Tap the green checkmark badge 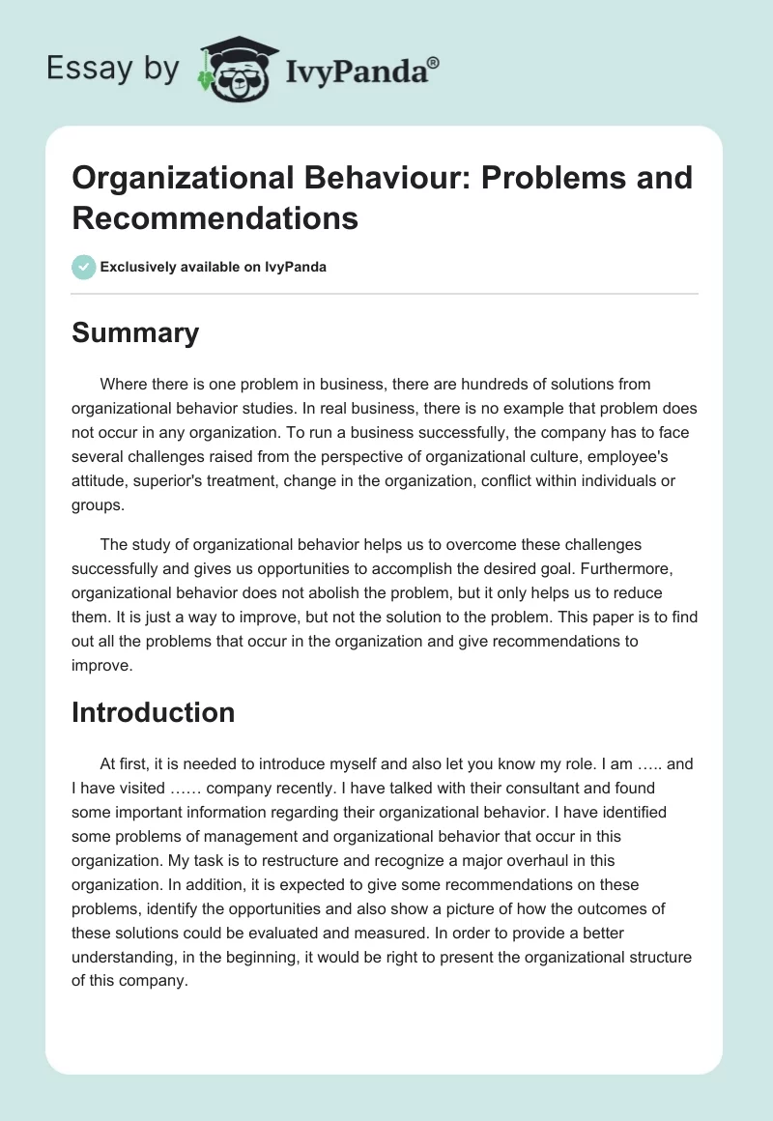pyautogui.click(x=84, y=267)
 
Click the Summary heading pyautogui.click(x=135, y=332)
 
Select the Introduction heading pyautogui.click(x=153, y=712)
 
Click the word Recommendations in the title pyautogui.click(x=215, y=217)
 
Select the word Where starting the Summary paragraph pyautogui.click(x=122, y=385)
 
